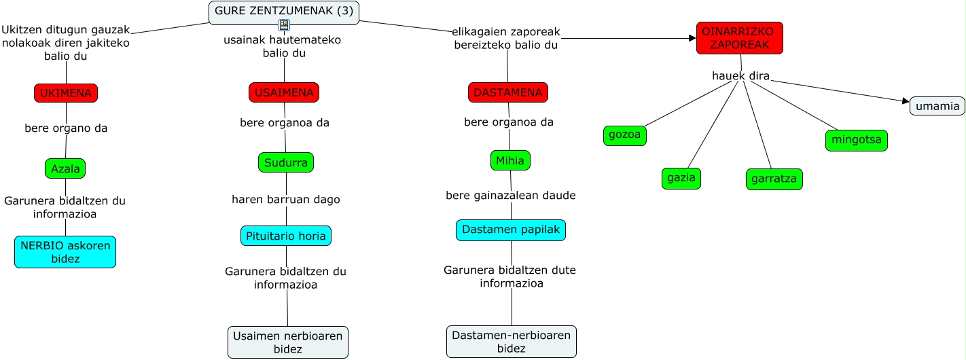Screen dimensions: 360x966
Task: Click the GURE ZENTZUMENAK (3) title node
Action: pos(284,12)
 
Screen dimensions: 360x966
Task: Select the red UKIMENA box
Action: pos(66,93)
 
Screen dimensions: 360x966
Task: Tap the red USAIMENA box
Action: pos(284,92)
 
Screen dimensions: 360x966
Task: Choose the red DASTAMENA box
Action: pos(508,92)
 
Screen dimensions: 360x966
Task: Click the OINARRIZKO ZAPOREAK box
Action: pos(740,38)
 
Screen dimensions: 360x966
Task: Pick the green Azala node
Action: pos(65,168)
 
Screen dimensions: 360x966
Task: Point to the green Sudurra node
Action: pos(286,162)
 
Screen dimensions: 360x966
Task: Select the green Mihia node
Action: pos(510,160)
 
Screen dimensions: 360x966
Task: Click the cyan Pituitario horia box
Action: pos(286,236)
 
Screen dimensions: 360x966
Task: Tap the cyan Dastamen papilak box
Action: pos(511,230)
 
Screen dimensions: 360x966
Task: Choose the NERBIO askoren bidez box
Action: pos(65,252)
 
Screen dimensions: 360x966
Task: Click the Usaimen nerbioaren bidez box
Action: pos(288,342)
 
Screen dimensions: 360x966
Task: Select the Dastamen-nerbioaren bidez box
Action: pos(512,342)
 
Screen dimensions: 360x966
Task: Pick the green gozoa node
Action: pos(625,136)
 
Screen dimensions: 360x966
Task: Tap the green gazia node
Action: pos(681,178)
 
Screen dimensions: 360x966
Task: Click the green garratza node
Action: pos(774,179)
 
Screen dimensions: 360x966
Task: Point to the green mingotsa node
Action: pos(857,141)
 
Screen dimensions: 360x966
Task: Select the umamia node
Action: pos(937,106)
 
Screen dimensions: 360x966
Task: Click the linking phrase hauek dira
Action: pos(740,76)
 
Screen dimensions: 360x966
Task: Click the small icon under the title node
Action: pos(284,26)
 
